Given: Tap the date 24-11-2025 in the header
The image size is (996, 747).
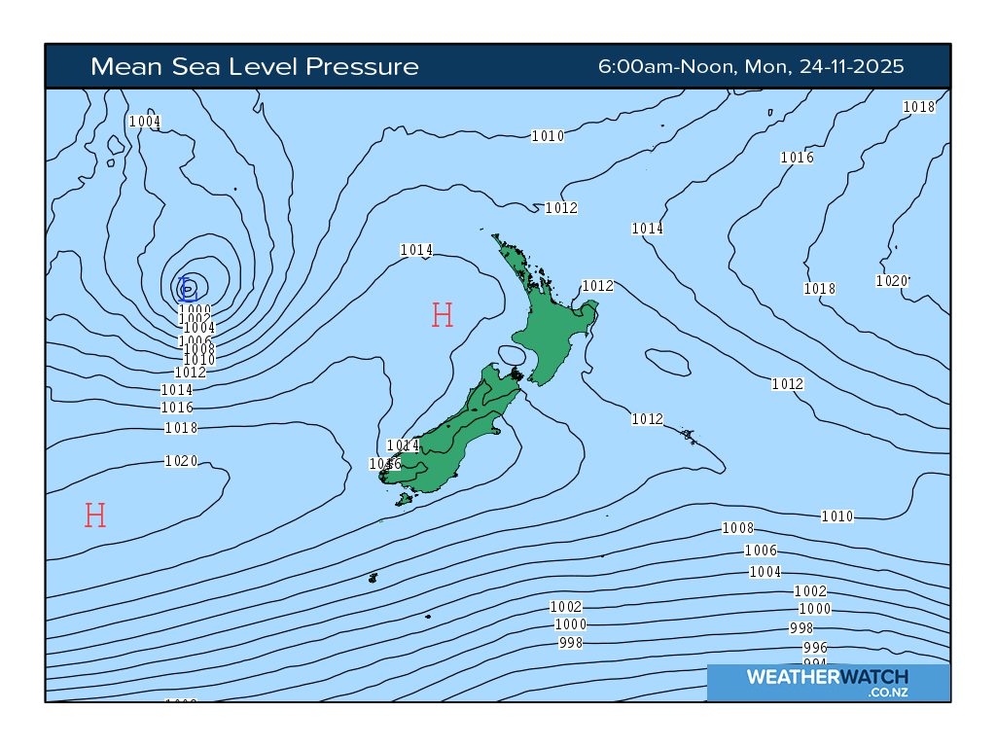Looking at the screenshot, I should pyautogui.click(x=851, y=66).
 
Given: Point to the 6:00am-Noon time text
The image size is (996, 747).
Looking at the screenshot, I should pyautogui.click(x=667, y=66).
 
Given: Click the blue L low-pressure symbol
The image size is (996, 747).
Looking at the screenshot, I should pyautogui.click(x=188, y=288).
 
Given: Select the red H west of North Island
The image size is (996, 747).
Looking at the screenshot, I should pyautogui.click(x=443, y=314).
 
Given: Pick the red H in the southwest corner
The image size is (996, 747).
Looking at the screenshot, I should pyautogui.click(x=94, y=515).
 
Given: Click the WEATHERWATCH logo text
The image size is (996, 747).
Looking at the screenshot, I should pyautogui.click(x=828, y=677).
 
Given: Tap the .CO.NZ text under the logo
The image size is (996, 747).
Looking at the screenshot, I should pyautogui.click(x=887, y=693).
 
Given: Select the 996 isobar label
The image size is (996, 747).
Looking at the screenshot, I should pyautogui.click(x=815, y=647).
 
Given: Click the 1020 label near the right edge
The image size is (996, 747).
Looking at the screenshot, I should pyautogui.click(x=891, y=281).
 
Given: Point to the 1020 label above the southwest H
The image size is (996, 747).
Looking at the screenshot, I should pyautogui.click(x=181, y=461).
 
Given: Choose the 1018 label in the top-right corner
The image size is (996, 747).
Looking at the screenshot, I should pyautogui.click(x=918, y=107).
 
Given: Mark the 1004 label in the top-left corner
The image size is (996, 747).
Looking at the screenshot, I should pyautogui.click(x=144, y=122).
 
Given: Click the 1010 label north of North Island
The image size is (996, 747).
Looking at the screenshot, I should pyautogui.click(x=548, y=136).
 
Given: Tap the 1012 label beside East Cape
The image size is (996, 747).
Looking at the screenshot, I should pyautogui.click(x=597, y=286).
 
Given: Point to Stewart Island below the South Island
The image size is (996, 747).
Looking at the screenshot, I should pyautogui.click(x=404, y=499).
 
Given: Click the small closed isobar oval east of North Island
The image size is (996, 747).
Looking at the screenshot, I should pyautogui.click(x=667, y=363).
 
